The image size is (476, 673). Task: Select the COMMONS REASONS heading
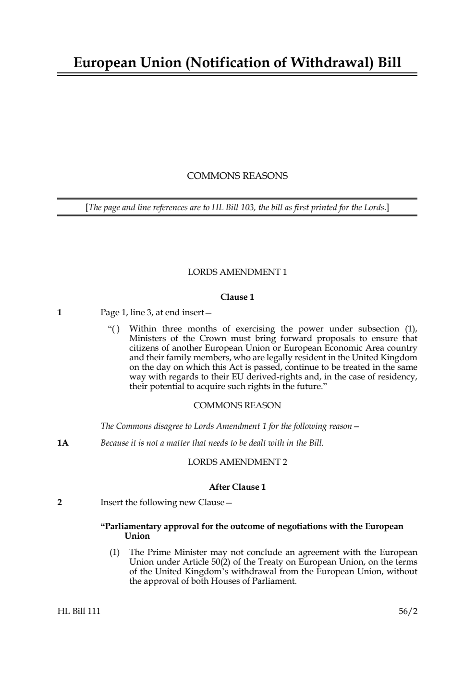click(x=237, y=176)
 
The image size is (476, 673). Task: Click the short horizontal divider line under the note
click(x=237, y=242)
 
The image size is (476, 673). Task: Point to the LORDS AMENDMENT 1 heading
click(x=237, y=272)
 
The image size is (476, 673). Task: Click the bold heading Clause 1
click(x=237, y=297)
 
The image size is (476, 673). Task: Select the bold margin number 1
click(x=60, y=313)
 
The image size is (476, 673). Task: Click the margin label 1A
click(x=62, y=443)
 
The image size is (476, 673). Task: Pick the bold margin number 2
click(x=60, y=503)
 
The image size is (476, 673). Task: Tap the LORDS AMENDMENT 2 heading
click(x=237, y=462)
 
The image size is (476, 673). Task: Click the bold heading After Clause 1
click(x=237, y=487)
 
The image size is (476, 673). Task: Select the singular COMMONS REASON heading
click(x=237, y=406)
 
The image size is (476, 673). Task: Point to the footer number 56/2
click(x=408, y=612)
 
